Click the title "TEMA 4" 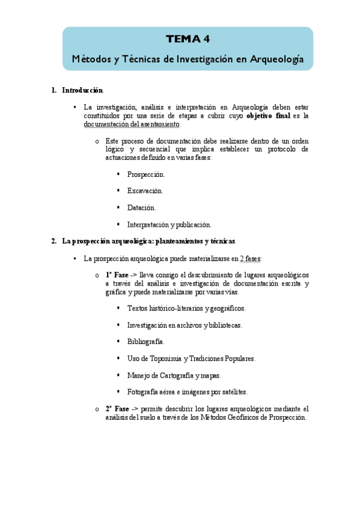point(188,40)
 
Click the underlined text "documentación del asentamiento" point(132,124)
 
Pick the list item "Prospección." point(146,174)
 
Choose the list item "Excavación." point(145,191)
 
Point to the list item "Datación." point(141,207)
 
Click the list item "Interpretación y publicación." point(169,224)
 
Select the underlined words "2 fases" point(250,259)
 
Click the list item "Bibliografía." point(145,342)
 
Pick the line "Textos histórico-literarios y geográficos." point(186,308)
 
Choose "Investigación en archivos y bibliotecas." point(185,325)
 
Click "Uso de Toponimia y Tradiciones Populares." point(191,358)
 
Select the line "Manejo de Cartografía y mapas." point(174,375)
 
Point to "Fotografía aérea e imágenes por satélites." point(187,392)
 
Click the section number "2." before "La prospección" point(55,241)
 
